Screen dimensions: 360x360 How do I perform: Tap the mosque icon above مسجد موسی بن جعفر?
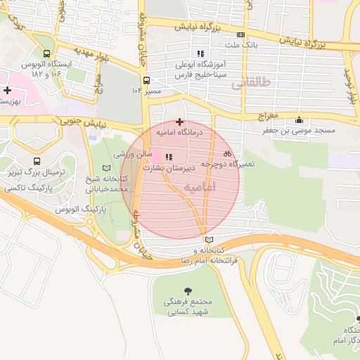click(300, 120)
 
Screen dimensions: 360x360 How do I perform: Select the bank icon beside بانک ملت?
click(240, 34)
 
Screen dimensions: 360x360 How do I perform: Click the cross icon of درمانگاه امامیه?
click(179, 122)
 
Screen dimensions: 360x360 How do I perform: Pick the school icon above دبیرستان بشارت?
click(168, 157)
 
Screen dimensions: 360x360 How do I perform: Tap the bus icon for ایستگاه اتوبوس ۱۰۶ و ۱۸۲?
click(46, 53)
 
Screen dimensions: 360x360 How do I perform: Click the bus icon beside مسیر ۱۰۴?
click(146, 80)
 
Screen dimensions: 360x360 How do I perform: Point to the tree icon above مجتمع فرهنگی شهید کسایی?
click(188, 290)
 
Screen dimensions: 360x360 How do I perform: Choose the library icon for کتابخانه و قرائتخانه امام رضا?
click(206, 240)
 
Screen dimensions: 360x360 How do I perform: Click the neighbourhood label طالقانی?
click(250, 82)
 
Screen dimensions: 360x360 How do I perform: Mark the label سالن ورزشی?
click(131, 153)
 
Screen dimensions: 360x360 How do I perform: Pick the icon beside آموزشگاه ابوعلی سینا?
click(200, 53)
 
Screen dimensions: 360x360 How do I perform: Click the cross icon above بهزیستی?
click(7, 90)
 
